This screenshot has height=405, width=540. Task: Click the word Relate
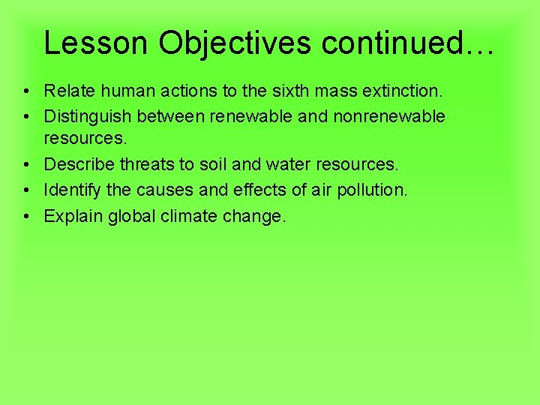point(67,91)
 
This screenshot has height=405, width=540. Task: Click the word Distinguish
point(88,116)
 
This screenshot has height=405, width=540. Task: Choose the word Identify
point(73,190)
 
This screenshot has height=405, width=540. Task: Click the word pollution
point(371,190)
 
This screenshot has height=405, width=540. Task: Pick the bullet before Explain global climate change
point(26,216)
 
